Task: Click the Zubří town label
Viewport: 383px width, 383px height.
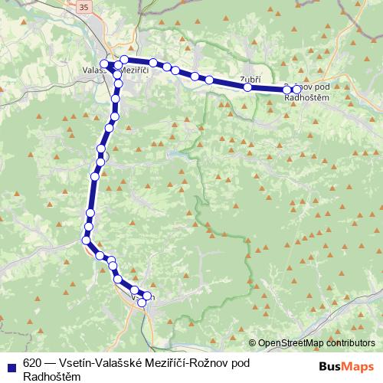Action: [249, 79]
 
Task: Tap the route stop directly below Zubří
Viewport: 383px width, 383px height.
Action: [247, 87]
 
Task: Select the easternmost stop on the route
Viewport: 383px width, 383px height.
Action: [297, 90]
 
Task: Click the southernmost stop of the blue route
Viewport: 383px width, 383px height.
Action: [142, 303]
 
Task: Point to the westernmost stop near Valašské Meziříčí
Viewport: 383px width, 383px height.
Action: [105, 63]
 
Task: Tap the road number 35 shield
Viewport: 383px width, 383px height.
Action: [83, 6]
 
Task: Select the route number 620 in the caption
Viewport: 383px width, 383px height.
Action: [31, 362]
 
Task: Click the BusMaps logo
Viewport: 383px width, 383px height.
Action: [345, 365]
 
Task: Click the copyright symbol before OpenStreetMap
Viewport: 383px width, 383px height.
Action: [253, 342]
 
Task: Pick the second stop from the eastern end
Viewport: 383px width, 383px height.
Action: [287, 90]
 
